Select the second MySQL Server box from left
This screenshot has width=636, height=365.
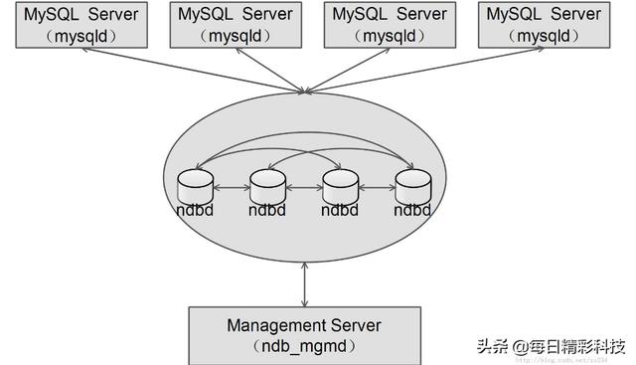pos(235,25)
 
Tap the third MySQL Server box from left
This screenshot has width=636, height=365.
pos(390,25)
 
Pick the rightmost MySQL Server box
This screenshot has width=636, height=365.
pos(545,25)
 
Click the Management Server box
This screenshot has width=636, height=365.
pos(304,334)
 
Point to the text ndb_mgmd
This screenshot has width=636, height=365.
pos(304,345)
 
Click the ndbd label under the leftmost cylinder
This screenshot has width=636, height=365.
pos(195,211)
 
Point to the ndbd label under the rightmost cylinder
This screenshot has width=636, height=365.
pos(412,211)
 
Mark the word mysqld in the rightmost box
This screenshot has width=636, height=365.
pos(545,35)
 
